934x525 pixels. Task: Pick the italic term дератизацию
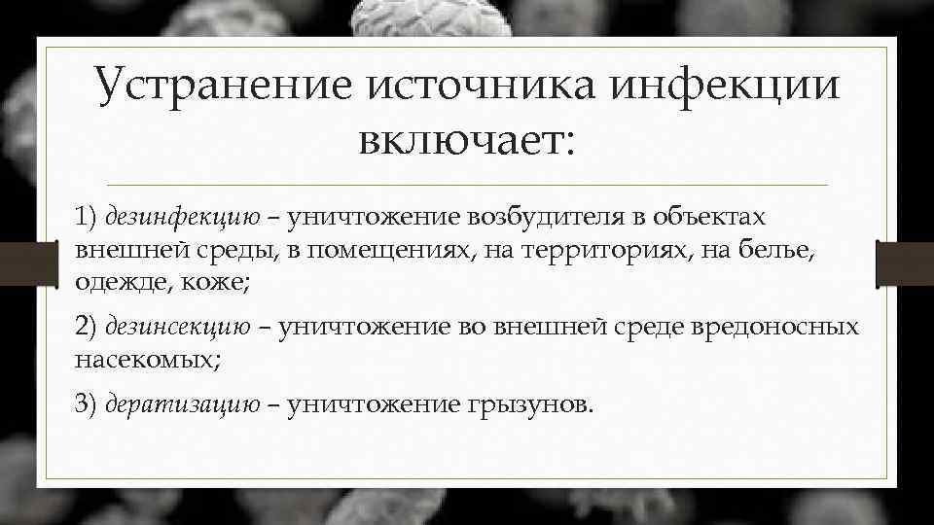coord(182,404)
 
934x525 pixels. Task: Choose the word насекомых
coord(143,360)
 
